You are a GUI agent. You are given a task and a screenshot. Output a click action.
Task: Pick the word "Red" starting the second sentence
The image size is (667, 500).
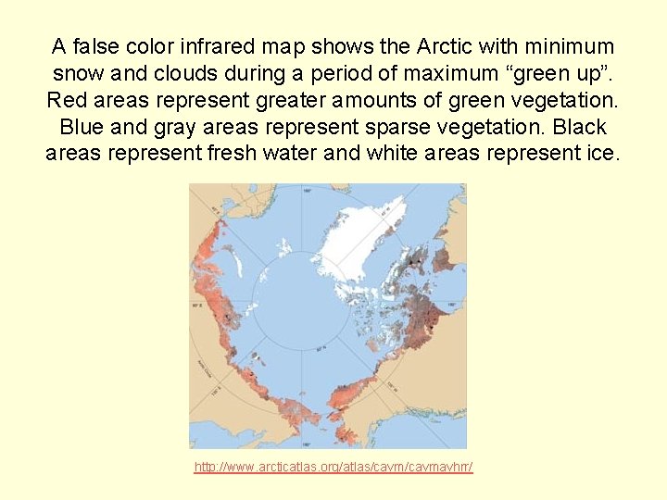(67, 99)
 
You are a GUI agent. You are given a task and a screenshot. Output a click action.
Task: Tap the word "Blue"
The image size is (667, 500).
(82, 126)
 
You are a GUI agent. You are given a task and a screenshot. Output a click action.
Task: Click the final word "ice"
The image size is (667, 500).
(599, 153)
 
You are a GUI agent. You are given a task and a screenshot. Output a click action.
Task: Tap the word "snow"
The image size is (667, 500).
(83, 72)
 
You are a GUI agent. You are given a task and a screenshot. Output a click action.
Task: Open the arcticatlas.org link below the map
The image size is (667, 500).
(333, 468)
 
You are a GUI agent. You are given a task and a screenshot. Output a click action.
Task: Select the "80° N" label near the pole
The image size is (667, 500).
(321, 349)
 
